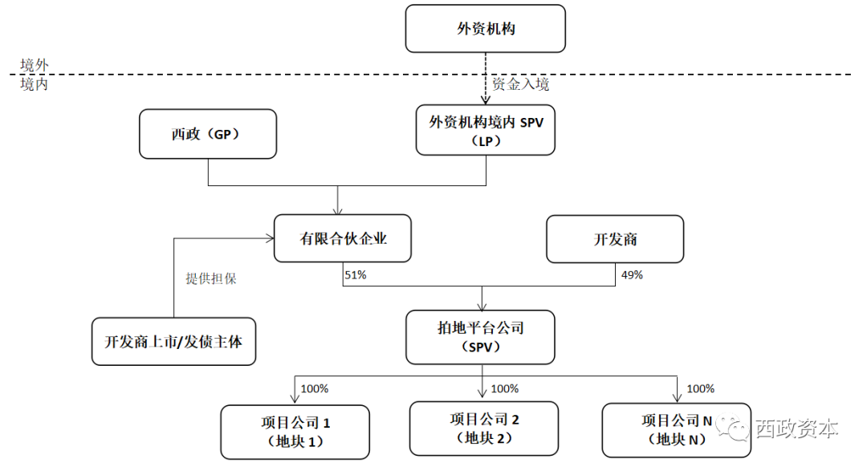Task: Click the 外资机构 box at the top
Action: point(485,29)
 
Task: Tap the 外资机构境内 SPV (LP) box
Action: point(485,130)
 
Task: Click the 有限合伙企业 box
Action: point(343,238)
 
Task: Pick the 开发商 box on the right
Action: point(615,238)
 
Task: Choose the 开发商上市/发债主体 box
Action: point(173,341)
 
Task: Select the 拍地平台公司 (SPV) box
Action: point(480,337)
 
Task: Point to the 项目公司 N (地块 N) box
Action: point(677,429)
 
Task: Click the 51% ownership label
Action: point(355,275)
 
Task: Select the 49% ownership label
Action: point(632,275)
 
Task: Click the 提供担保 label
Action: point(211,279)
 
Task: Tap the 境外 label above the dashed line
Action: point(34,65)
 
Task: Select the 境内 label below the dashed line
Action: point(34,84)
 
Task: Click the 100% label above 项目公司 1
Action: point(314,389)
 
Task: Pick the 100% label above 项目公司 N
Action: point(700,389)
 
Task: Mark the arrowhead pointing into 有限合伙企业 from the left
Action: point(269,238)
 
